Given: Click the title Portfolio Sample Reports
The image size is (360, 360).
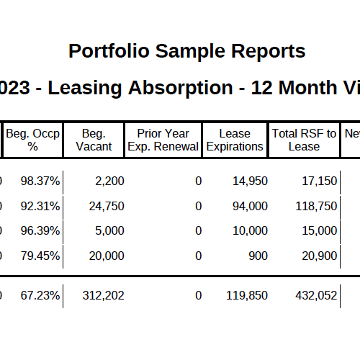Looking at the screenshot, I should pos(186,52).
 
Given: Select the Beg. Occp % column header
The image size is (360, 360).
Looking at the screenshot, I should pos(33,140).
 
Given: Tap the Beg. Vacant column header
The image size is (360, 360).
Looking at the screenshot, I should pos(94,140).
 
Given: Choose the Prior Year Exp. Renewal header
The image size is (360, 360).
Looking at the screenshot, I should pos(163,140).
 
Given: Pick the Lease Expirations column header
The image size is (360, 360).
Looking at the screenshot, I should pos(235,140).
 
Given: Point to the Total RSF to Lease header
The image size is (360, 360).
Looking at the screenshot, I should pos(304,140).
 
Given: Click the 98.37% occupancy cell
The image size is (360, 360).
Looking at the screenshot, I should pos(40,181).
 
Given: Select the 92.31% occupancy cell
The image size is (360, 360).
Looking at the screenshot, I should pos(40,207).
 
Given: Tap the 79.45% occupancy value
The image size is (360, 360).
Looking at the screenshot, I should pos(40,256).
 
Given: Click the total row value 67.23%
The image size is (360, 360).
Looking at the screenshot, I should pos(40,295).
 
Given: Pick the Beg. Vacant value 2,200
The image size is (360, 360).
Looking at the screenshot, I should pos(109,181).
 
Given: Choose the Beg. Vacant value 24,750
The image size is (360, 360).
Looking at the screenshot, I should pos(106,207).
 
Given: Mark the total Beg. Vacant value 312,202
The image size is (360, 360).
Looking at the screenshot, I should pos(104,295).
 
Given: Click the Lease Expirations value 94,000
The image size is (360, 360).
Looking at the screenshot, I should pos(250,207).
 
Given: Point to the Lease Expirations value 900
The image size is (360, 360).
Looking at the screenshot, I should pos(257,256).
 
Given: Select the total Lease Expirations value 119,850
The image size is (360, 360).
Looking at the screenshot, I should pos(247,295).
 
